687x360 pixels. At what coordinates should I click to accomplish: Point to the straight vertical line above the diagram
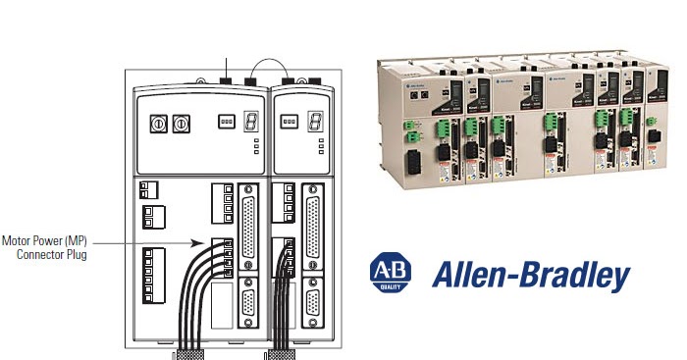click(x=225, y=68)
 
